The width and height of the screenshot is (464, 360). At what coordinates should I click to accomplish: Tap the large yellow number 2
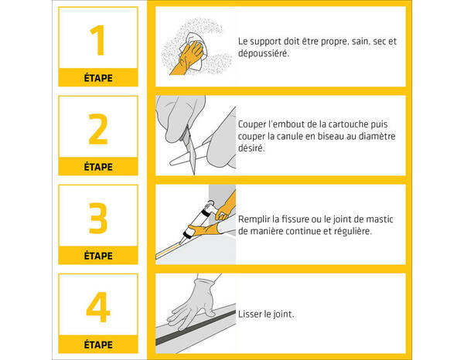click(97, 130)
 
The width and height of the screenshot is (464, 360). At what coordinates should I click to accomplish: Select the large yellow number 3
click(97, 219)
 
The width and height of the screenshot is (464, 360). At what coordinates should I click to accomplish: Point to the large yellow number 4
click(97, 307)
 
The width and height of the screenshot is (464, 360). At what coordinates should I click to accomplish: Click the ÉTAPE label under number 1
click(97, 77)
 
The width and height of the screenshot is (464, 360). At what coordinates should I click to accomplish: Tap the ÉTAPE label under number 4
click(97, 345)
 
